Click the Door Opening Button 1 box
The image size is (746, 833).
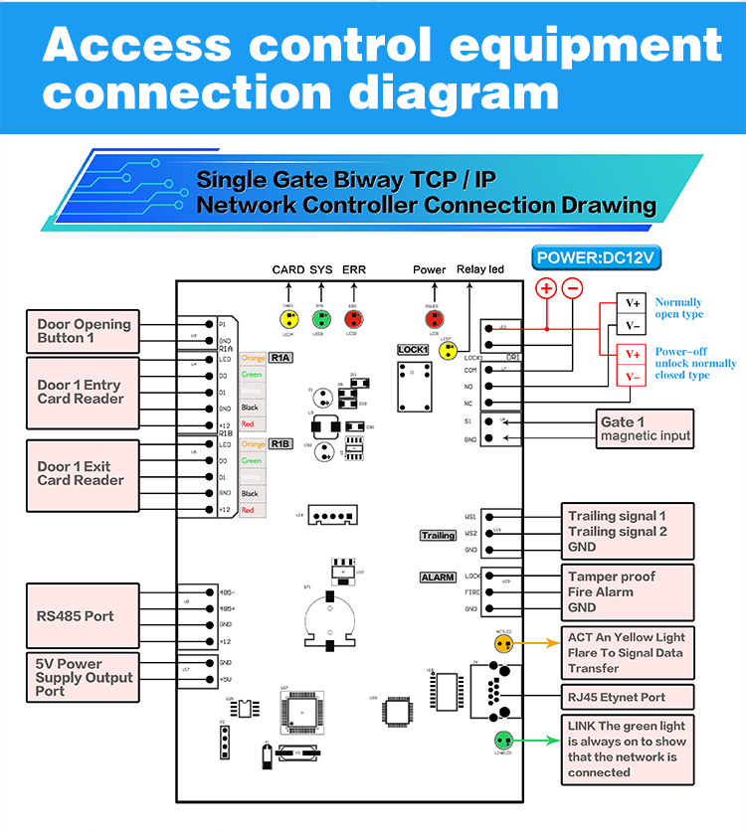coord(83,331)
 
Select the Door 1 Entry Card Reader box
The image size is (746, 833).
coord(83,393)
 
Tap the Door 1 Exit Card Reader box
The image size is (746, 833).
coord(83,473)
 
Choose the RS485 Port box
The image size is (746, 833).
coord(83,616)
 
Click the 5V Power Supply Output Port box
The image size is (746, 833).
coord(83,677)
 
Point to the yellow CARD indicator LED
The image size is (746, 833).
coord(288,319)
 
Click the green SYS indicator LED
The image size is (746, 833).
coord(320,319)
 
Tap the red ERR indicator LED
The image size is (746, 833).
coord(352,319)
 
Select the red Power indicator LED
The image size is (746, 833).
coord(434,319)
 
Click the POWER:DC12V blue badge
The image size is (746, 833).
coord(597,258)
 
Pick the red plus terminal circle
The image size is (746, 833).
coord(546,289)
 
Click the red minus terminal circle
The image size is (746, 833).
coord(573,289)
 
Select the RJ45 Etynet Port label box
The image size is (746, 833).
coord(629,697)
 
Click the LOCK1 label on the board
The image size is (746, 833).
coord(413,350)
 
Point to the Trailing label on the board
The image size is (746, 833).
coord(438,535)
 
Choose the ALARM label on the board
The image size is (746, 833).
coord(438,577)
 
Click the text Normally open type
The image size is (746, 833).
coord(678,308)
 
